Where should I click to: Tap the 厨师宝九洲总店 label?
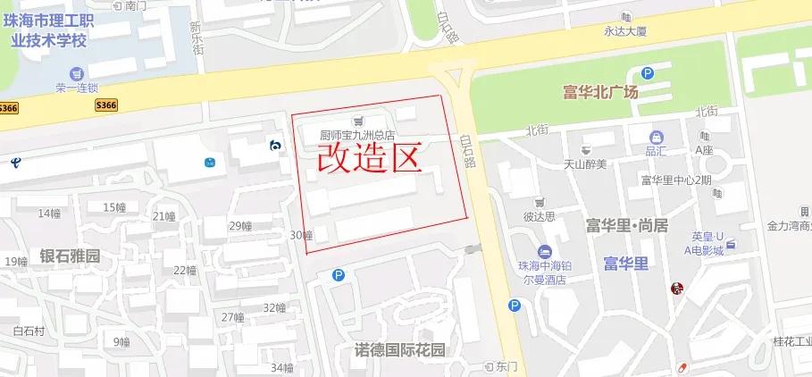point(357,136)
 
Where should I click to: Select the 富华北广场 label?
point(600,92)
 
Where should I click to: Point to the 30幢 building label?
point(301,235)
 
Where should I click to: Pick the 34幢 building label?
point(281,367)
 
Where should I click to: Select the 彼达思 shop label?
point(539,215)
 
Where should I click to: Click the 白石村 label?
point(29,331)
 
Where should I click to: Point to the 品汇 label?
point(656,151)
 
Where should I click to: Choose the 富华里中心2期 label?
point(675,180)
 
